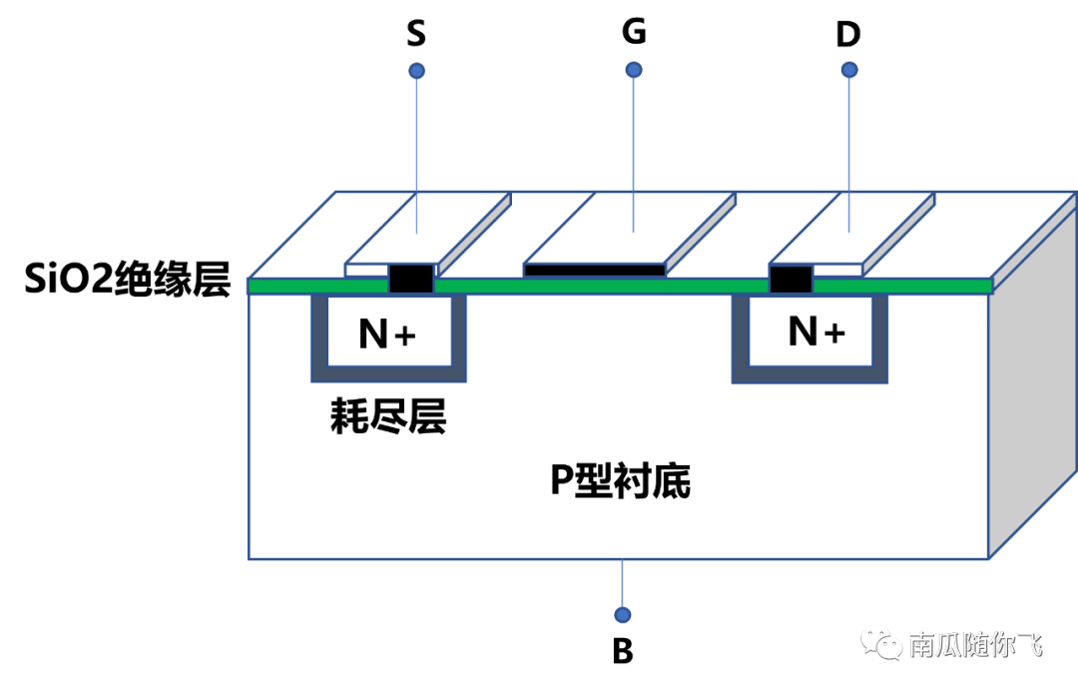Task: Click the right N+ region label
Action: pyautogui.click(x=816, y=331)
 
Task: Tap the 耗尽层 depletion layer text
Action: pyautogui.click(x=387, y=418)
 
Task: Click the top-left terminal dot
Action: pyautogui.click(x=417, y=71)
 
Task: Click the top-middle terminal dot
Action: pyautogui.click(x=634, y=70)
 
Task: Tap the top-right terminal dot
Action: pyautogui.click(x=849, y=70)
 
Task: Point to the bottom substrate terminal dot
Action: pyautogui.click(x=623, y=615)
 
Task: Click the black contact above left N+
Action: pyautogui.click(x=411, y=280)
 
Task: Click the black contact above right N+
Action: pyautogui.click(x=791, y=280)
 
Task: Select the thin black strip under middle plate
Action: pyautogui.click(x=594, y=270)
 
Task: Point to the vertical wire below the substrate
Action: pyautogui.click(x=623, y=584)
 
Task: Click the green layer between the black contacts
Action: pyautogui.click(x=599, y=287)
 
